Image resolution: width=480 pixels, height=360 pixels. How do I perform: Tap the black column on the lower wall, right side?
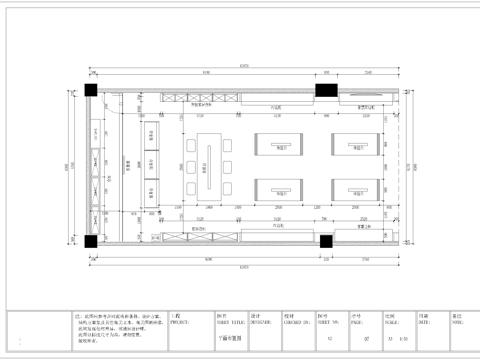tap(325, 239)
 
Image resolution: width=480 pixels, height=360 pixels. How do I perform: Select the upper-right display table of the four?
tap(355, 141)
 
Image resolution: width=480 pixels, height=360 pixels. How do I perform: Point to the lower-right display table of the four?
tap(355, 188)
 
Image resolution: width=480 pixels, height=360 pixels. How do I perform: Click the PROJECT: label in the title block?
tap(182, 322)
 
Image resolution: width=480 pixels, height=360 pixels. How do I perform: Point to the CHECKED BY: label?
tap(297, 322)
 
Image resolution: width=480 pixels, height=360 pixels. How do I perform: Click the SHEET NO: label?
tap(329, 322)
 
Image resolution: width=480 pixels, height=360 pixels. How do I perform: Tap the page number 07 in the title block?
tap(355, 339)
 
